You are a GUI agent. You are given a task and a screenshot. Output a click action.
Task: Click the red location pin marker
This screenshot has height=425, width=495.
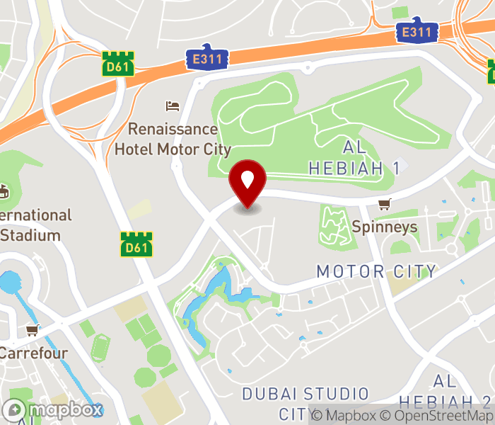pos(248,182)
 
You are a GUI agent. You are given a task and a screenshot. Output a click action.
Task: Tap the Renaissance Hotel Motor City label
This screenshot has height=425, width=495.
pos(173,139)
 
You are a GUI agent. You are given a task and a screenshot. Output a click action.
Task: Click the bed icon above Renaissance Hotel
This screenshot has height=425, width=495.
pos(173,106)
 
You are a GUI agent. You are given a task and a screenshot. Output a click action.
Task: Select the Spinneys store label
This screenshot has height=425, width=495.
pos(385,227)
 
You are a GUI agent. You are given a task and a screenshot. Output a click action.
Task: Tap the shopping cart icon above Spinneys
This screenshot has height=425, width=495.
pos(384,205)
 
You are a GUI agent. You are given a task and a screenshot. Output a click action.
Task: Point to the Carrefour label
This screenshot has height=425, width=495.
pos(33,352)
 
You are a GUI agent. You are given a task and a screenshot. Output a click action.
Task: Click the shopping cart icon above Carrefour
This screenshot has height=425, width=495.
pos(32,330)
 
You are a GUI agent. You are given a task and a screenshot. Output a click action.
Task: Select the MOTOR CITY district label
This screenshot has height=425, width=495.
pos(376,271)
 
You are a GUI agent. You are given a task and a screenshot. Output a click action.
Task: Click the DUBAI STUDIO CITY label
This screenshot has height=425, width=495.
pos(305,403)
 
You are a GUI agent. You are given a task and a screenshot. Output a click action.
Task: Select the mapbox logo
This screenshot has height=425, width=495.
pos(53,409)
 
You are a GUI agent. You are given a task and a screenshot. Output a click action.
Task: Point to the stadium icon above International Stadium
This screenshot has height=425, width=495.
pos(4,191)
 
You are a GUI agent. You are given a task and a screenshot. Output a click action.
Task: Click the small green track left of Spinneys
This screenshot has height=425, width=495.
pos(333,225)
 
